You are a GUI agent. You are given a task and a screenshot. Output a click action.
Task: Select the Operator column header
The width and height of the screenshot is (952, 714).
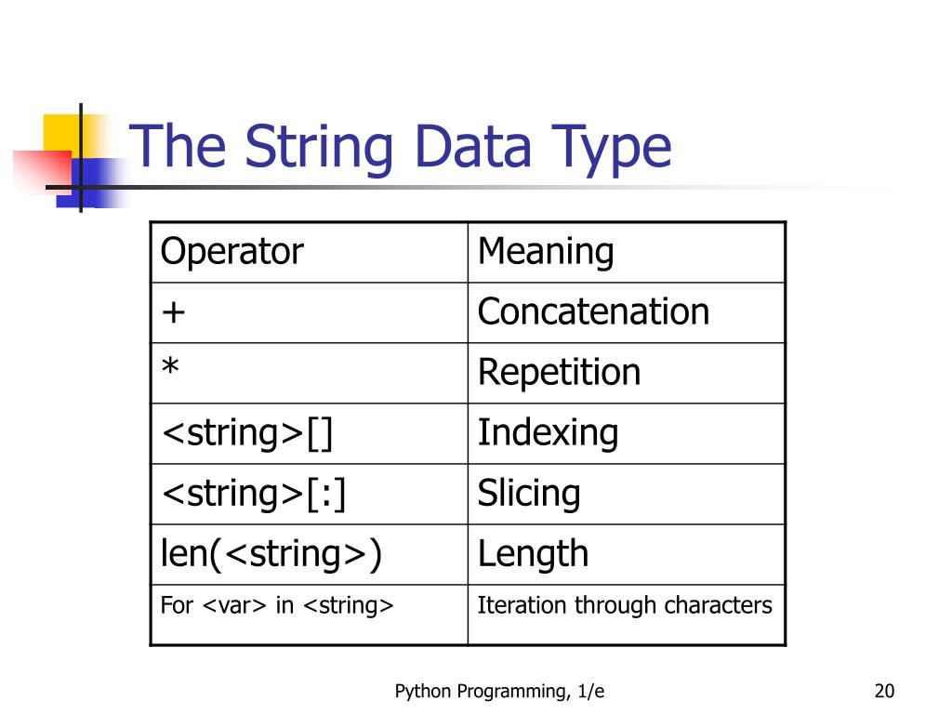pos(231,252)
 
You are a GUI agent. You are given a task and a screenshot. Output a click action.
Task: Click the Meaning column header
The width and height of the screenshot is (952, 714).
pos(546,252)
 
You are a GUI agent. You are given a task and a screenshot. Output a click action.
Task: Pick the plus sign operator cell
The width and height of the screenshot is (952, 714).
pos(174,312)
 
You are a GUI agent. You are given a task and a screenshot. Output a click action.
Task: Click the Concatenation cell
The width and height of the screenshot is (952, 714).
pos(593,311)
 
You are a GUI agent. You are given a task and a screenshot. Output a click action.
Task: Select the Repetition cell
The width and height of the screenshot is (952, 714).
pos(559,372)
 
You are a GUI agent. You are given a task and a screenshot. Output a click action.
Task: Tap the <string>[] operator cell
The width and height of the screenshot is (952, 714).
pos(246,432)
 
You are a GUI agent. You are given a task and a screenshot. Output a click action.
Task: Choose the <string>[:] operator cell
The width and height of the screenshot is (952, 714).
pos(254,493)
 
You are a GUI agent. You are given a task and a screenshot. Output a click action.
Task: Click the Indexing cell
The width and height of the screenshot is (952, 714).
pos(548,432)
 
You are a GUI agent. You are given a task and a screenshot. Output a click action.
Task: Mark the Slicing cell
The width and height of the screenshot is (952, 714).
pos(529,493)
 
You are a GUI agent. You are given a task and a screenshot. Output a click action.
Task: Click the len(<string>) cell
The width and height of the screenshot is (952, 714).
pos(271,553)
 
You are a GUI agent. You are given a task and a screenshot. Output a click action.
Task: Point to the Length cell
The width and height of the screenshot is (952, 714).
pos(533,553)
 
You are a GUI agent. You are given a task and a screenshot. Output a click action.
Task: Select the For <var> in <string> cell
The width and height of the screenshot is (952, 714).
pos(277,605)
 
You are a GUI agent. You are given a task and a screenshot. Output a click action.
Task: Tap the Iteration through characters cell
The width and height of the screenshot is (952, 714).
pos(624,605)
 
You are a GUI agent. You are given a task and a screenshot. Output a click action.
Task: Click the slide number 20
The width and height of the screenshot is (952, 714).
pos(883,691)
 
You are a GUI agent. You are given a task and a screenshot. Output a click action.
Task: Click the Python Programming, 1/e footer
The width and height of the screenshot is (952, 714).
pos(500,691)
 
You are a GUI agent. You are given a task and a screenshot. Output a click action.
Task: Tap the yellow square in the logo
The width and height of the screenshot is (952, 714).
pos(60,131)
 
